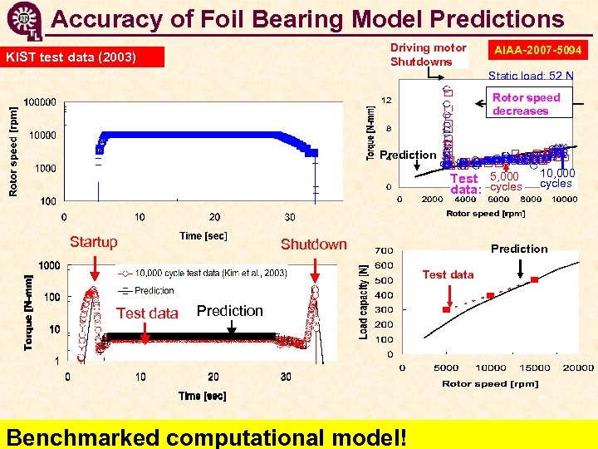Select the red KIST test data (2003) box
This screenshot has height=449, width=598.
point(84,57)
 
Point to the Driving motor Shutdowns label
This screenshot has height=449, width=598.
point(428,55)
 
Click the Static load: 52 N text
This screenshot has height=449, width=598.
point(530,76)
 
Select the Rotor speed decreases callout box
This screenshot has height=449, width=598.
point(526,104)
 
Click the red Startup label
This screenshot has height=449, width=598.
point(93,242)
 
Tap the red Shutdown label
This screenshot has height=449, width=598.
point(313,244)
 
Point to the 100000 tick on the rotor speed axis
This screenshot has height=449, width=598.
point(40,102)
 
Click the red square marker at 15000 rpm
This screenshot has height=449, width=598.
point(535,280)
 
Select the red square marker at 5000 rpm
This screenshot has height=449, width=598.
point(446,309)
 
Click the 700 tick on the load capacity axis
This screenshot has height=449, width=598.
point(384,250)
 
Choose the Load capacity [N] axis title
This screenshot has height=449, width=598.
point(363,301)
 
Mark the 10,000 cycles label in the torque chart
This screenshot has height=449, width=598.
point(556,178)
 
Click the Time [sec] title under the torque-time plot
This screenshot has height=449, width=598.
point(202,396)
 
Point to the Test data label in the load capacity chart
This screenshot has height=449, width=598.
point(448,274)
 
